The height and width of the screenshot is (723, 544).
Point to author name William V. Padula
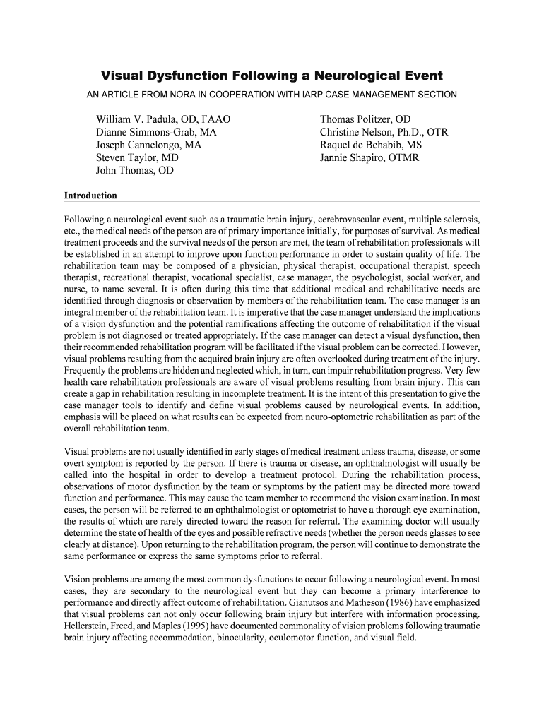[x=141, y=119]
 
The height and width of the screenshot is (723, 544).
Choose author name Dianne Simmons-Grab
[x=148, y=132]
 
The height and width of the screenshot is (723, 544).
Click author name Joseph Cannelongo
[x=141, y=145]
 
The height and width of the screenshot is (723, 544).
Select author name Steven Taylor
[x=128, y=158]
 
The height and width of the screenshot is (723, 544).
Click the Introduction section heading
[x=90, y=196]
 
